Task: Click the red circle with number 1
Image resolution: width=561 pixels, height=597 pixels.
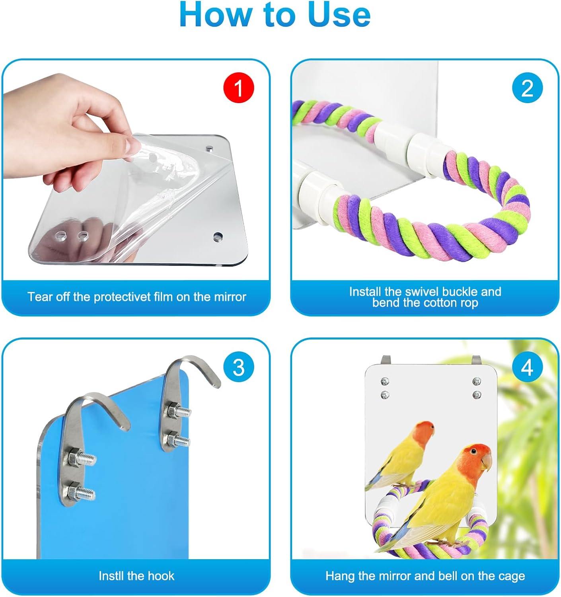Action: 238,88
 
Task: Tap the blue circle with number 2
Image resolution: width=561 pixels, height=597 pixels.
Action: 527,88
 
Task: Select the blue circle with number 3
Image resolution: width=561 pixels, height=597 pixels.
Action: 238,367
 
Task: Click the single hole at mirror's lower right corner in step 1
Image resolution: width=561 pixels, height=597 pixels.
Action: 217,237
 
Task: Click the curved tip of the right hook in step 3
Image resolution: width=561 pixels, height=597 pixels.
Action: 215,382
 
